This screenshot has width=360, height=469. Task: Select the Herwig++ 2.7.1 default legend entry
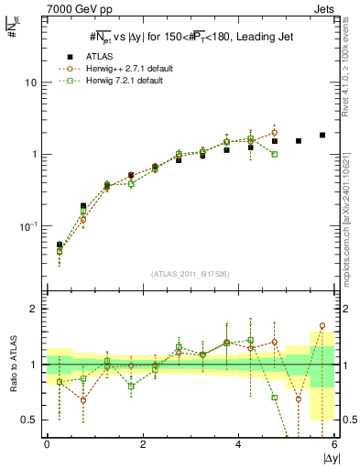coord(127,69)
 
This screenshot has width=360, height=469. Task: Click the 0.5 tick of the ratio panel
coord(28,420)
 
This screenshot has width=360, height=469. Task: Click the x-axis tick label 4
coord(239,444)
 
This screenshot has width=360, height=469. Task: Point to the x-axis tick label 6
coord(334,444)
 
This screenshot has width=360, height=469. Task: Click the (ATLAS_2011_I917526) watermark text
coord(190,274)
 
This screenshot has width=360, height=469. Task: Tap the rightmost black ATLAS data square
coord(322,135)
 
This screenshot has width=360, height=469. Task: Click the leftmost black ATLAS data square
coord(60,245)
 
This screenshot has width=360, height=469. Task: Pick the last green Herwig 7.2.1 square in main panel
coord(274,154)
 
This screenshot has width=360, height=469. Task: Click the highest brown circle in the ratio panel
coord(322,325)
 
